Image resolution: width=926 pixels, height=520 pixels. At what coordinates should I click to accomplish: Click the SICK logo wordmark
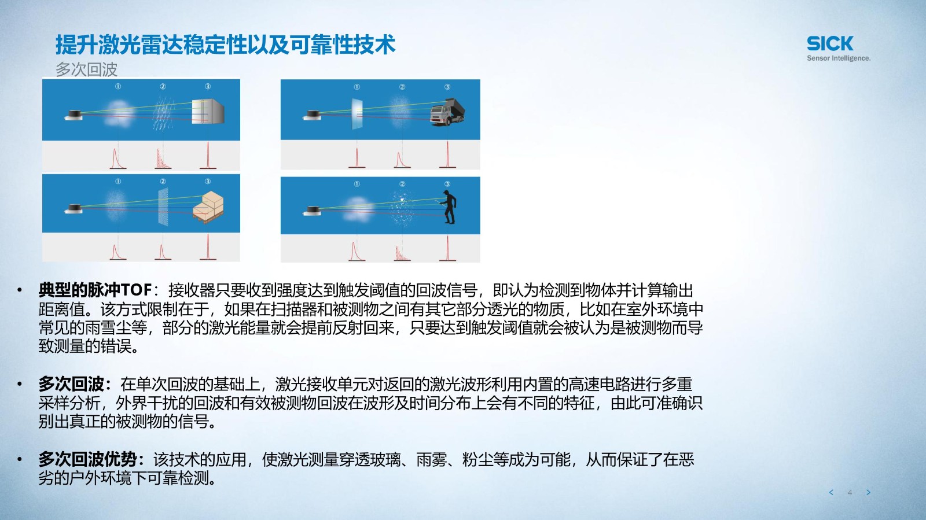coord(830,43)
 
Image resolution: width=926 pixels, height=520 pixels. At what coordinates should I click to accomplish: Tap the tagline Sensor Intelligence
coord(839,58)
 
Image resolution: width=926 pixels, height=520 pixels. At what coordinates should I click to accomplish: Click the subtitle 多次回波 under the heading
coord(86,69)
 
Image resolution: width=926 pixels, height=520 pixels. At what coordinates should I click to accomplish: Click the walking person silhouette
coord(449,207)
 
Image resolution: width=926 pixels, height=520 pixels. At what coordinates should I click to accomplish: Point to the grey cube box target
coord(208,110)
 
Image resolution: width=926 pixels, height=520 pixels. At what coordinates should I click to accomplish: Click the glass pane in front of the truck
coord(357,113)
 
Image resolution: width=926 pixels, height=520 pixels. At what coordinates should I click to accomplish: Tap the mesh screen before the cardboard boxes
coord(163,206)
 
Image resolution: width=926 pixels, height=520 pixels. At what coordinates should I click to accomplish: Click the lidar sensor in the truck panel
coord(312,115)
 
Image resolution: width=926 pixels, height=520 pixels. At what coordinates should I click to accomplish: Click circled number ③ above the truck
coord(447,87)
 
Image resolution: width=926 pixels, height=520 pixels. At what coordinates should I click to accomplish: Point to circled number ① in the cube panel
coord(118,86)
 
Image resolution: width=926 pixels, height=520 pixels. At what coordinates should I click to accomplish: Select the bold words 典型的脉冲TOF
coord(95,290)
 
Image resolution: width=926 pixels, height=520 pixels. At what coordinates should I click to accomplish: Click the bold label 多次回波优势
coord(91,459)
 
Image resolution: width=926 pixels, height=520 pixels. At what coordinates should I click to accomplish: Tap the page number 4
coord(850,492)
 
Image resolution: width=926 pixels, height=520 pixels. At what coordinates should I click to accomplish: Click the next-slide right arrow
coord(869,492)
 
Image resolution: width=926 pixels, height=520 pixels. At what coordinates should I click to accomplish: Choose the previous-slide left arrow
coord(831,492)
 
